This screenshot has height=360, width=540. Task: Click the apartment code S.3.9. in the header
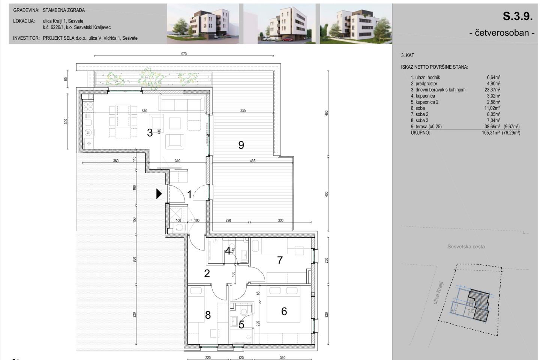click(x=517, y=16)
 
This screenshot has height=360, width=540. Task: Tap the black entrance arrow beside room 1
click(x=159, y=193)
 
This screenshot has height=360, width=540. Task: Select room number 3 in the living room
click(x=150, y=133)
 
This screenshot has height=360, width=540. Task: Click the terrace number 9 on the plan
click(x=241, y=145)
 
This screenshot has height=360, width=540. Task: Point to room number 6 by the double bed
click(x=284, y=311)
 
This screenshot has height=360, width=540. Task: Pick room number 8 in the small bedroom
click(x=208, y=315)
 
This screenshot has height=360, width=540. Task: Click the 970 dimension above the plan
click(x=184, y=54)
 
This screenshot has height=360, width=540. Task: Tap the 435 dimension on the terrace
click(x=252, y=161)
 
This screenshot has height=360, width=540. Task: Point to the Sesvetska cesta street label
click(x=466, y=247)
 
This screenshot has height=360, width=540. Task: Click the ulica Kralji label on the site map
click(x=438, y=292)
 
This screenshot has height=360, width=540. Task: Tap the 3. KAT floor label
click(x=408, y=55)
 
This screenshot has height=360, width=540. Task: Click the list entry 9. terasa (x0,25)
click(x=426, y=127)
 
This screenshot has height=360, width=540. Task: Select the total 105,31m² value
click(x=491, y=133)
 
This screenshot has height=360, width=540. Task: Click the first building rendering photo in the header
click(x=203, y=24)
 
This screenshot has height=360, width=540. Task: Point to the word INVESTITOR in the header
click(x=26, y=38)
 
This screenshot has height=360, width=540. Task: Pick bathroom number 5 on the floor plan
click(x=241, y=324)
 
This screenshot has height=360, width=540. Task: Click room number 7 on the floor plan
click(x=280, y=260)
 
